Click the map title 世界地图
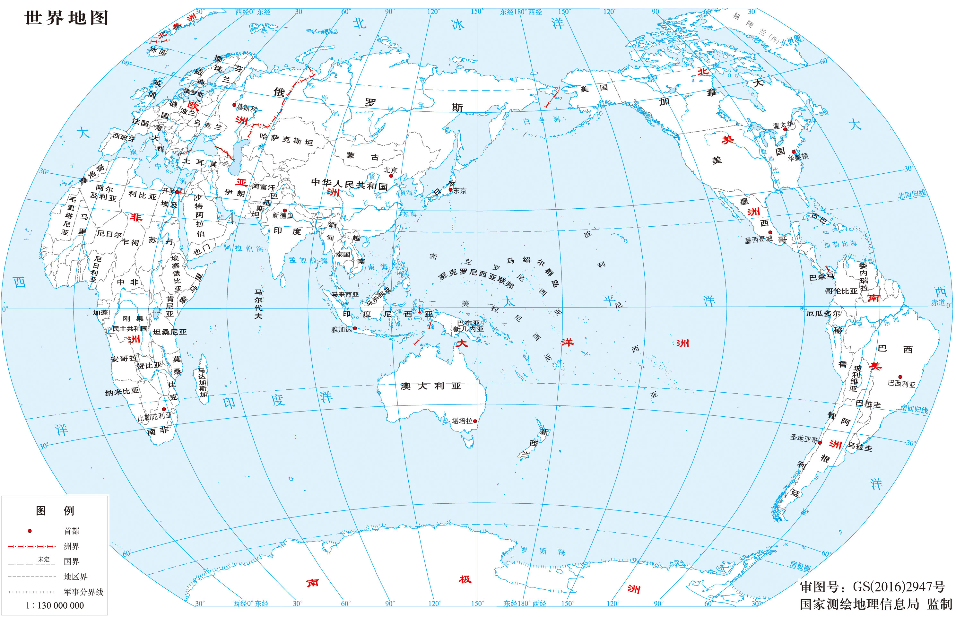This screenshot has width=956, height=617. (66, 18)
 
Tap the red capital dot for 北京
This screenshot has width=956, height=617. (391, 176)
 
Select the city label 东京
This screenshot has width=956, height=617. (460, 191)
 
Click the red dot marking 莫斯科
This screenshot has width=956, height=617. (234, 105)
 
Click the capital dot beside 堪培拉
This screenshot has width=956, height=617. (475, 421)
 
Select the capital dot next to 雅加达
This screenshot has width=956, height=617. (355, 328)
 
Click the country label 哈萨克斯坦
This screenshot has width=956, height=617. (286, 139)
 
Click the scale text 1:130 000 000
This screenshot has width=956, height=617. (55, 605)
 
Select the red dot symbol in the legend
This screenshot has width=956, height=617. (30, 531)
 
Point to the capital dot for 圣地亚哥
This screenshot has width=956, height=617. (820, 443)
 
